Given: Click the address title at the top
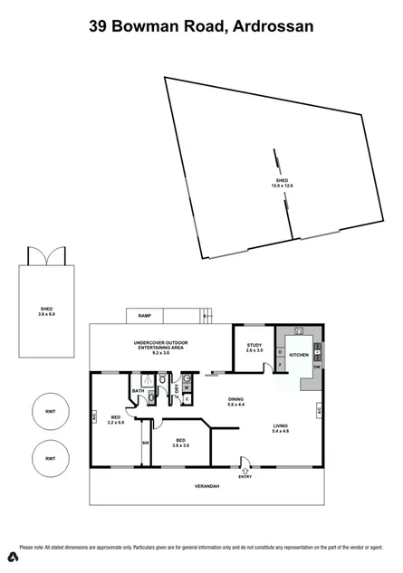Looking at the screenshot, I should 201,27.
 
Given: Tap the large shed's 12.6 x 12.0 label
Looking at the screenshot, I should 283,183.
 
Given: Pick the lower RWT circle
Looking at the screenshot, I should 51,459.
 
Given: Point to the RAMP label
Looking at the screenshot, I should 144,316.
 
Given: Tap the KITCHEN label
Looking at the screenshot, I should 299,355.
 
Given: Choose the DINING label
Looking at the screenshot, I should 235,401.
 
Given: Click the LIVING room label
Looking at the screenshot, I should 280,429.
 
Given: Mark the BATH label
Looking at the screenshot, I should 139,391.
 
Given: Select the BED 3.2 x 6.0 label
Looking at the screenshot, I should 114,420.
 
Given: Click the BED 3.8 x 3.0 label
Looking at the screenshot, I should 181,443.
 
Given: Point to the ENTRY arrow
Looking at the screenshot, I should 245,472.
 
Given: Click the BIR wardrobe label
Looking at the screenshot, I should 145,442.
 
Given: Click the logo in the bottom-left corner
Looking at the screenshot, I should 9,553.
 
